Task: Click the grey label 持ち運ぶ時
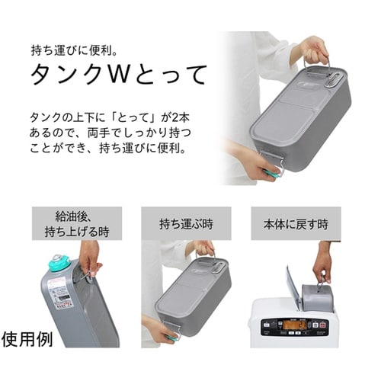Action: point(186,224)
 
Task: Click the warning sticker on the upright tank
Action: point(57,293)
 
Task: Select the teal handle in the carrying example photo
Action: point(171,336)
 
